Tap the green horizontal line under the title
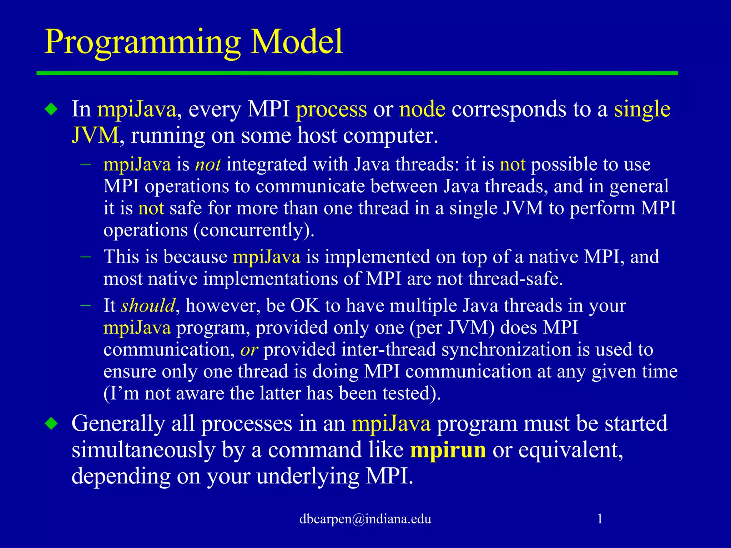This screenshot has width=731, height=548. click(x=357, y=73)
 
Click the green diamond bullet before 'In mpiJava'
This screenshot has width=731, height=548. click(x=52, y=109)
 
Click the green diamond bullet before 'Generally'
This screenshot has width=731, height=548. click(x=52, y=424)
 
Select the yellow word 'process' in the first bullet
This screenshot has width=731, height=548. click(x=331, y=110)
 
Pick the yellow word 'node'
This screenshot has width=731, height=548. click(x=422, y=109)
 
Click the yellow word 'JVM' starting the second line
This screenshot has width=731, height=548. click(x=95, y=136)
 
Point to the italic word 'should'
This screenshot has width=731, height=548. click(x=148, y=306)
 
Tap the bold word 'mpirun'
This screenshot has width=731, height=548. click(x=448, y=450)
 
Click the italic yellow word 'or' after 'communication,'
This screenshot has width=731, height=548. click(x=249, y=350)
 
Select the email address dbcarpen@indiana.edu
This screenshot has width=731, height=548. click(x=365, y=519)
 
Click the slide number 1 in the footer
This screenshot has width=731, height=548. click(x=600, y=519)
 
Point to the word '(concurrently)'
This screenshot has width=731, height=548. click(x=254, y=230)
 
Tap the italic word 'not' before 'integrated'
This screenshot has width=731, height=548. click(x=208, y=164)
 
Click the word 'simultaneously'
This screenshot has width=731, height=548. click(x=143, y=450)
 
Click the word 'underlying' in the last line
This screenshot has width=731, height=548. click(x=308, y=477)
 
